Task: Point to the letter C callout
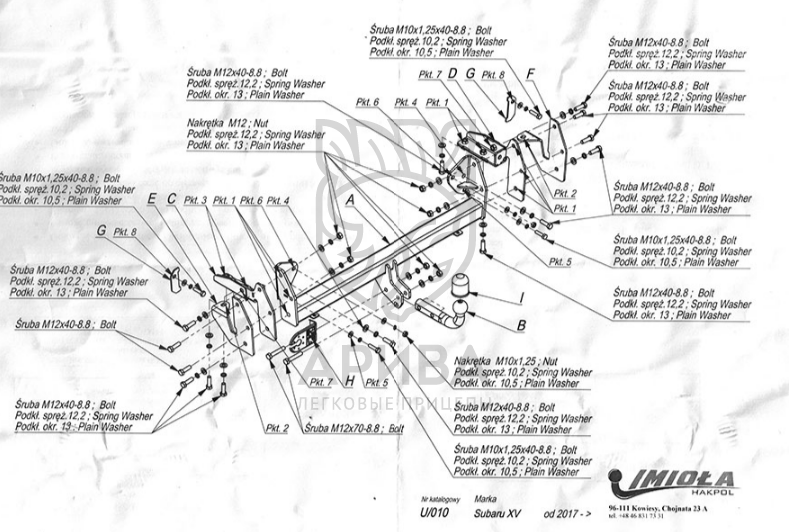[x=171, y=199]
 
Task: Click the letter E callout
[x=152, y=199]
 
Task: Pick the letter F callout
[x=532, y=74]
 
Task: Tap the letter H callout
[x=349, y=382]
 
